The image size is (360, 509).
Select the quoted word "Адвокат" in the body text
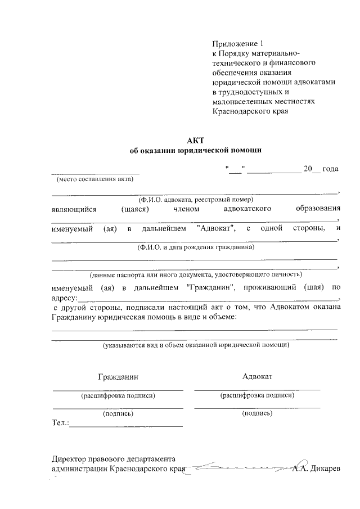(x=217, y=229)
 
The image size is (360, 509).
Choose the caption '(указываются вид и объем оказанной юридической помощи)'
(x=196, y=345)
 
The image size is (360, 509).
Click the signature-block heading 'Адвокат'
(x=257, y=376)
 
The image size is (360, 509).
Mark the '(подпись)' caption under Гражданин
(x=118, y=413)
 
